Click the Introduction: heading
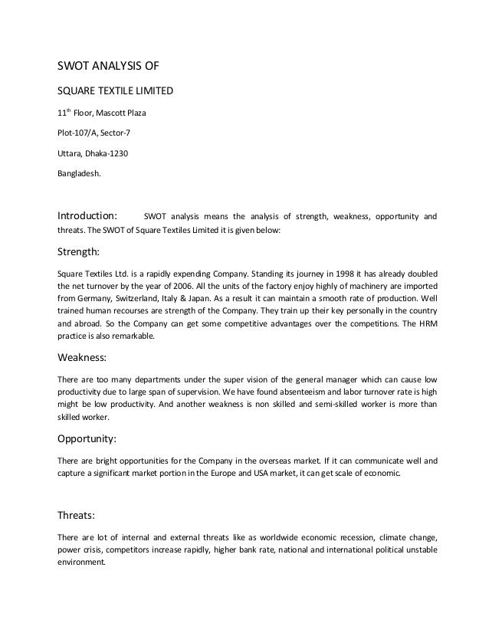pos(88,215)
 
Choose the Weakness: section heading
pos(84,356)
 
